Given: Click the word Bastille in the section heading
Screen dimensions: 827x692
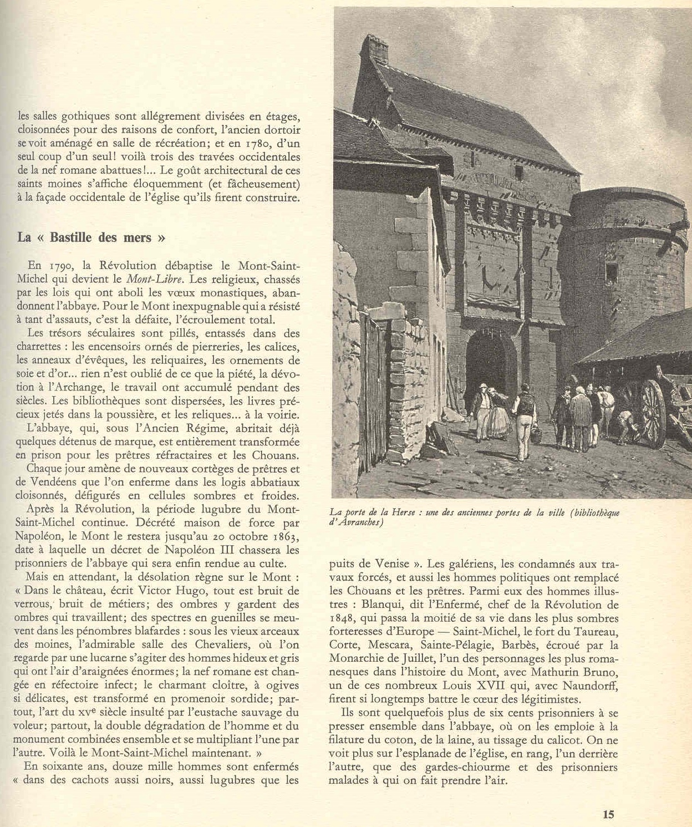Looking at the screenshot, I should [73, 237].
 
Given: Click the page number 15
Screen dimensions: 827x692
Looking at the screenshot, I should [608, 814].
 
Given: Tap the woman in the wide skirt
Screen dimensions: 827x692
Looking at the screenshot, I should [498, 416].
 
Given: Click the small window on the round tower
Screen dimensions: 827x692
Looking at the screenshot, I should [612, 273].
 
